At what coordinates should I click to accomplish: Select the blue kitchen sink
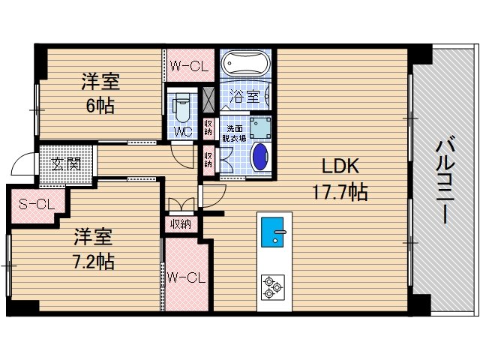tap(272, 232)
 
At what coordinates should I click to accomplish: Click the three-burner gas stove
tap(272, 286)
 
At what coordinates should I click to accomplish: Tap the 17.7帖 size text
tap(340, 193)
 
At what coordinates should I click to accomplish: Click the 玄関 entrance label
tap(67, 163)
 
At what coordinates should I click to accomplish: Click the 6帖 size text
tap(100, 106)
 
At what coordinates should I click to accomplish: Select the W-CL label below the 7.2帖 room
tap(185, 278)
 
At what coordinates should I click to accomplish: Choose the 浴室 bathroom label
tap(244, 96)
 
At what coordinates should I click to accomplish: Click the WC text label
tap(182, 132)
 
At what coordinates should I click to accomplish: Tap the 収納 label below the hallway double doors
tap(180, 223)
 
